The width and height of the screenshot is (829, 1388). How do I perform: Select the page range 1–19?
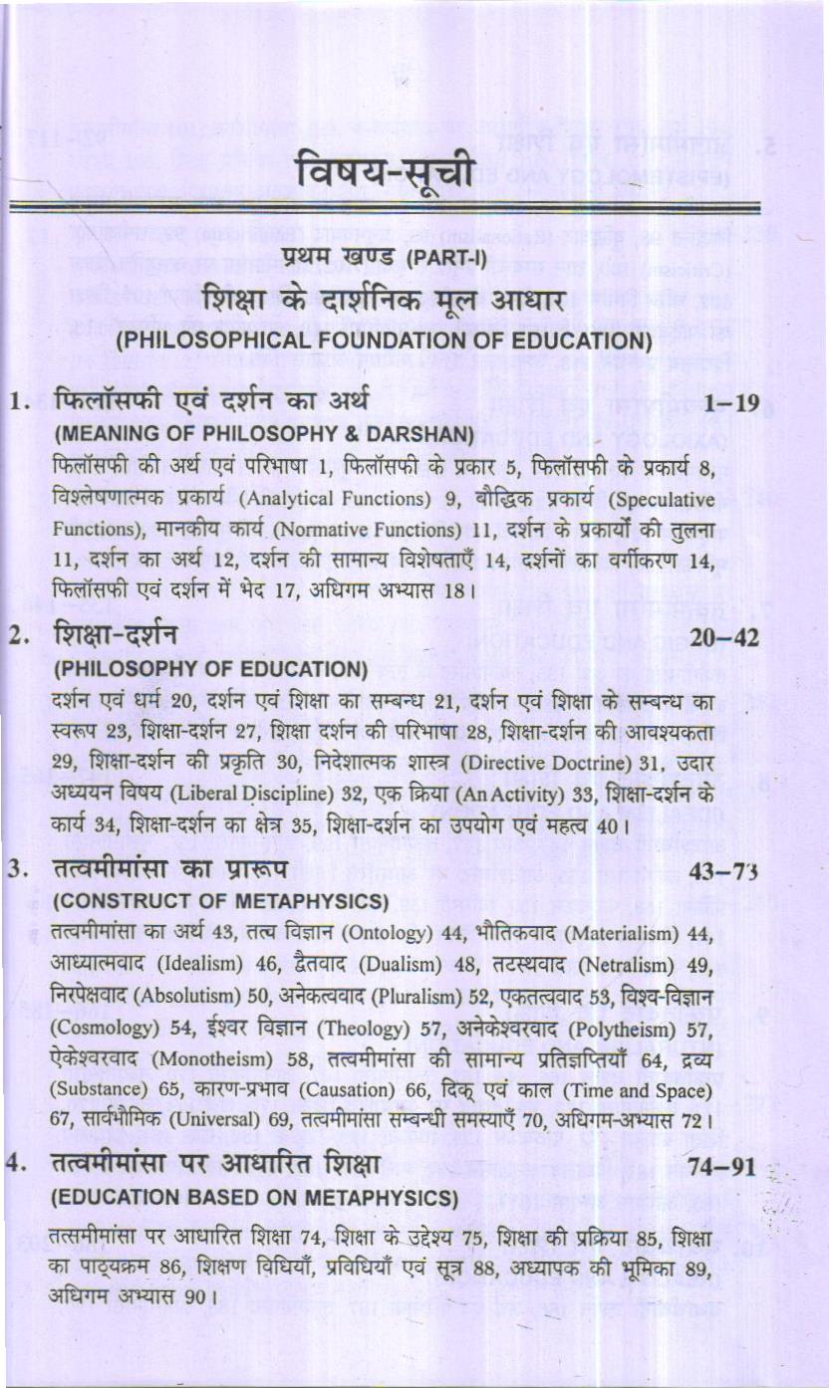[730, 403]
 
